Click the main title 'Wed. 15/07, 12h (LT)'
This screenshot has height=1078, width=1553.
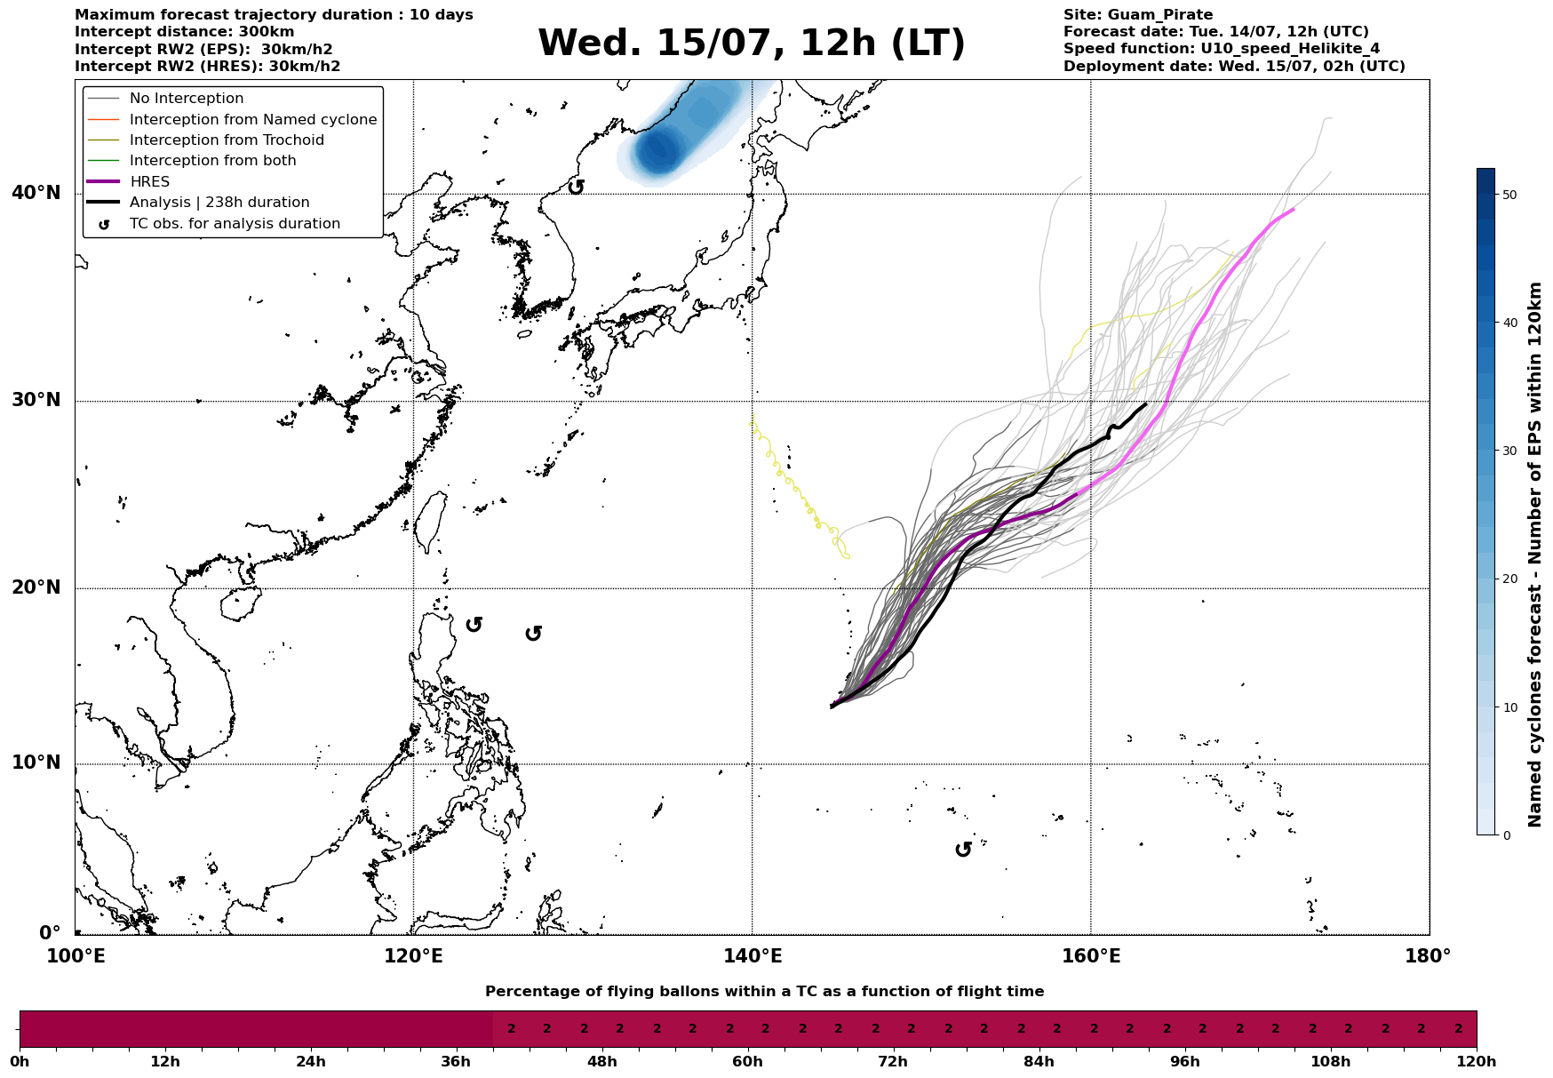point(751,44)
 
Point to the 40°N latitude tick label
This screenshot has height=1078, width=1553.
point(36,193)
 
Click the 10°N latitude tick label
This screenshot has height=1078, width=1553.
point(36,763)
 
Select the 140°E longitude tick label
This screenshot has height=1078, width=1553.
point(753,956)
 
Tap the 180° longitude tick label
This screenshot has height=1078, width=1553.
point(1429,956)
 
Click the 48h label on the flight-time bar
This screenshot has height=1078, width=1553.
point(601,1062)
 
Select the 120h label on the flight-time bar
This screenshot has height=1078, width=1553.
point(1477,1062)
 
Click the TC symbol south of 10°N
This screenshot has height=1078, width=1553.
point(963,850)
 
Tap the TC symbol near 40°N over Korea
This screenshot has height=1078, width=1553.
point(576,187)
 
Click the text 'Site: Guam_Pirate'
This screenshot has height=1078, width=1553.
point(1138,15)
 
